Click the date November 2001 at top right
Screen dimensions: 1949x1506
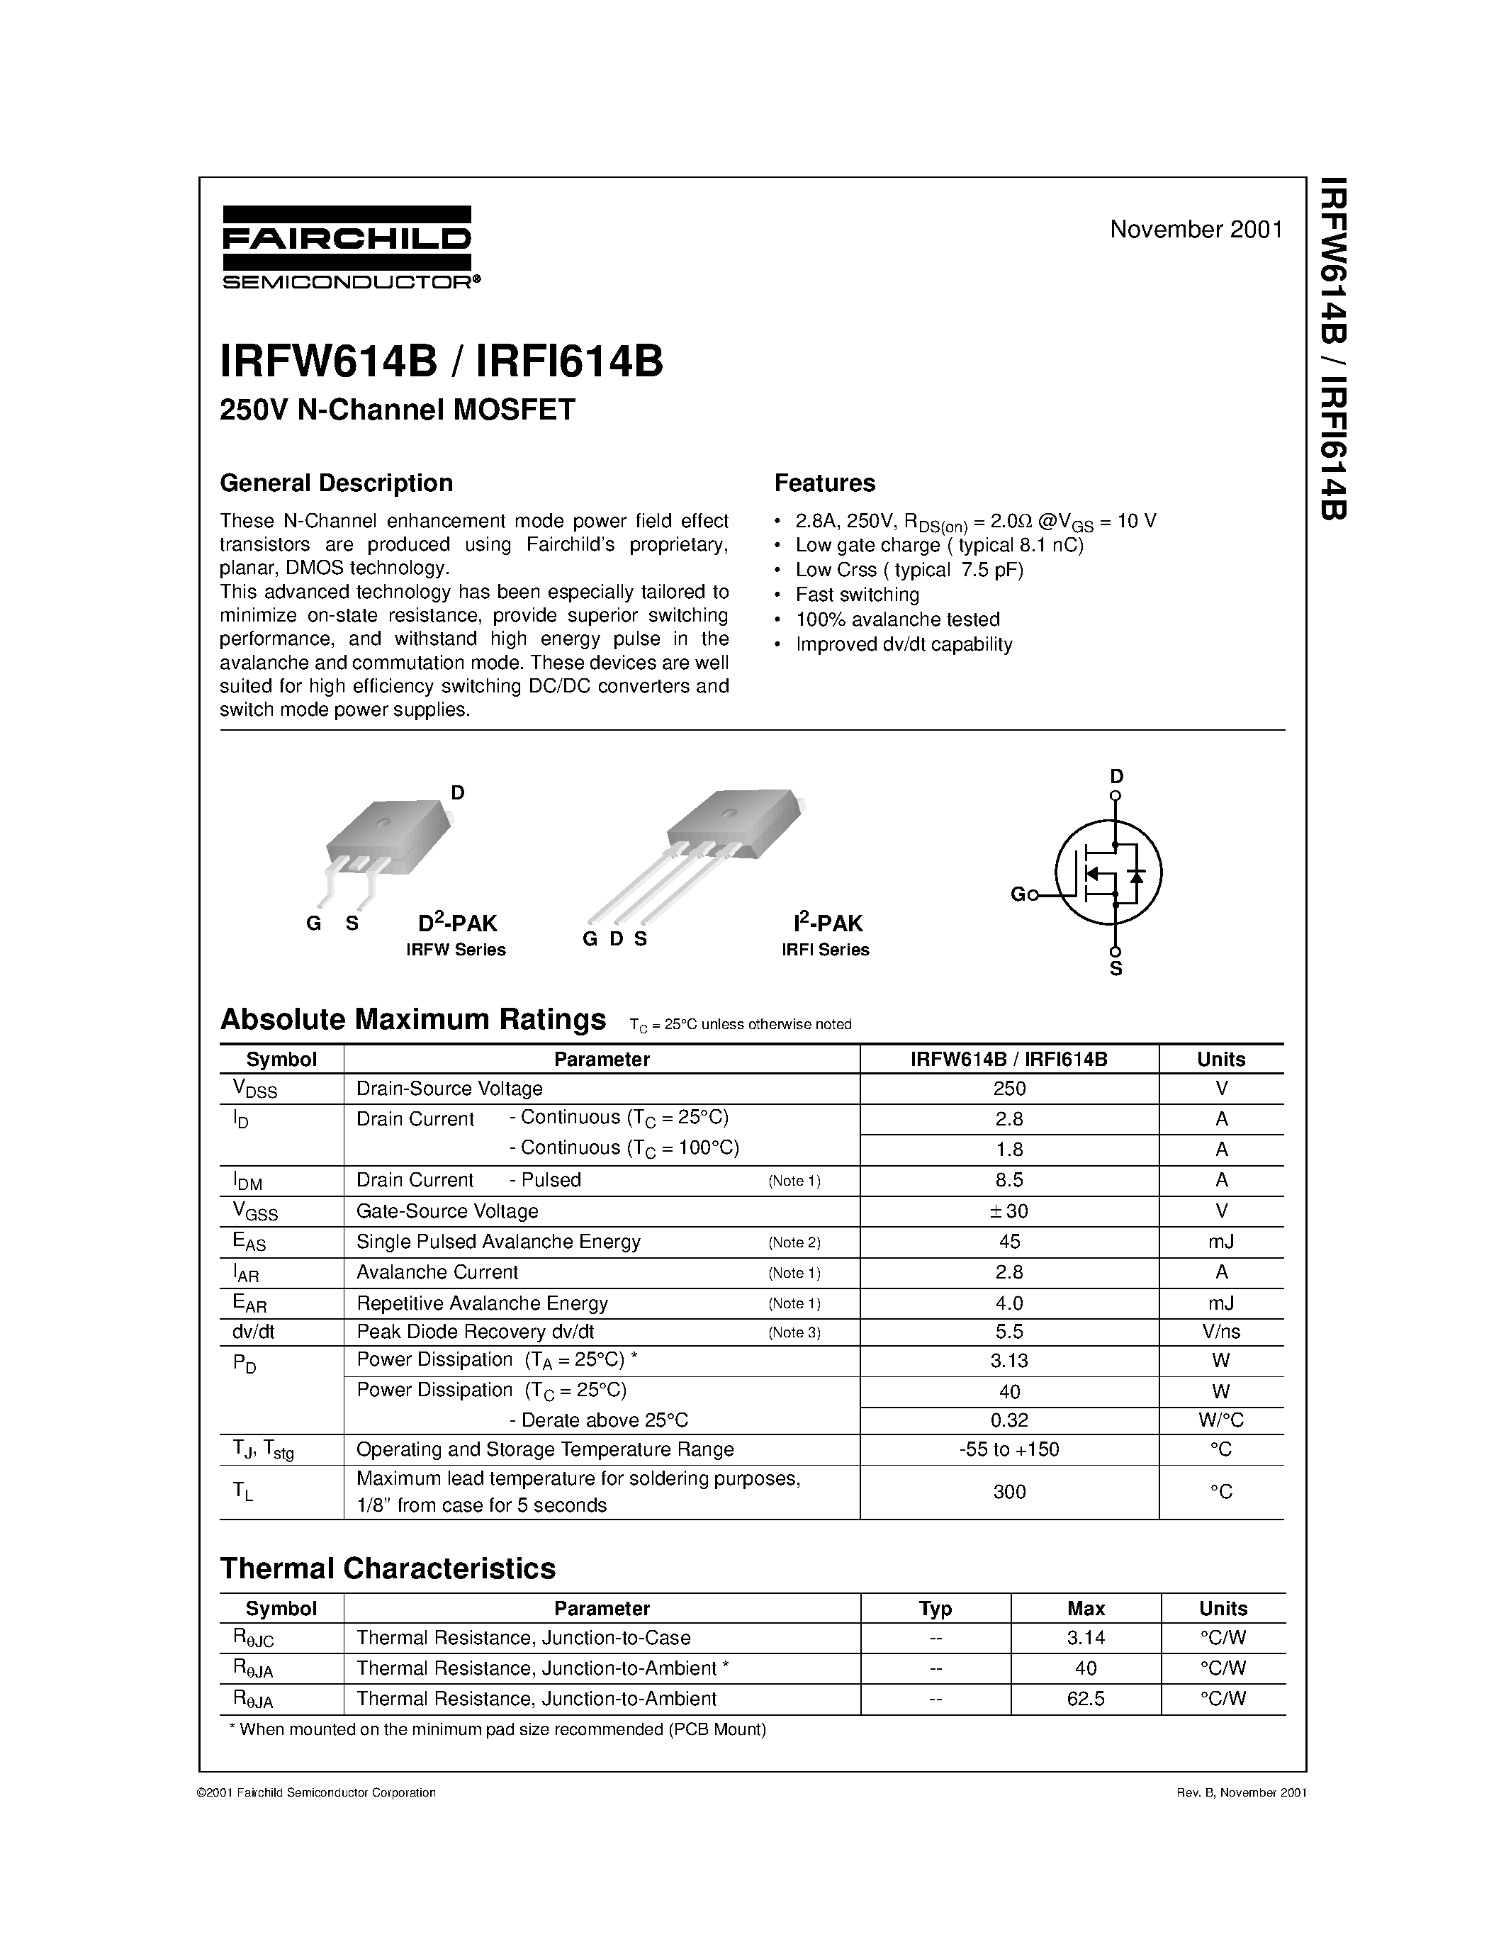[1196, 230]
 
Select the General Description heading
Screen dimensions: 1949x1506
[337, 483]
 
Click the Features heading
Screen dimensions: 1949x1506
[824, 483]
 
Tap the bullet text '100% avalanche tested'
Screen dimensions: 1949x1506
[897, 619]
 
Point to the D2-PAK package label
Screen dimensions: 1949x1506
[457, 923]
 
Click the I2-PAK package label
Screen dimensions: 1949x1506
[827, 923]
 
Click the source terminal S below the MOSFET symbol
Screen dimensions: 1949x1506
[1116, 968]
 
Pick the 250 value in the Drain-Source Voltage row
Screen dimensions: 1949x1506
[1009, 1089]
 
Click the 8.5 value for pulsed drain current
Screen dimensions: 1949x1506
[1009, 1180]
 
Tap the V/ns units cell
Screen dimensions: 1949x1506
[1220, 1332]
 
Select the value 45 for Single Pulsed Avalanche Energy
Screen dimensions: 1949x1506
[1009, 1241]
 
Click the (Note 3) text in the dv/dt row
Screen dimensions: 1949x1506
[794, 1332]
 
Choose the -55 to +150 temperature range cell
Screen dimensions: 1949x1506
[1009, 1449]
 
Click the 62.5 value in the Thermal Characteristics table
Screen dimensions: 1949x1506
[1085, 1699]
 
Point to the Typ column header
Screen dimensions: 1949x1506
[935, 1608]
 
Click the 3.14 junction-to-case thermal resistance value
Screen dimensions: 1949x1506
[1085, 1638]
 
